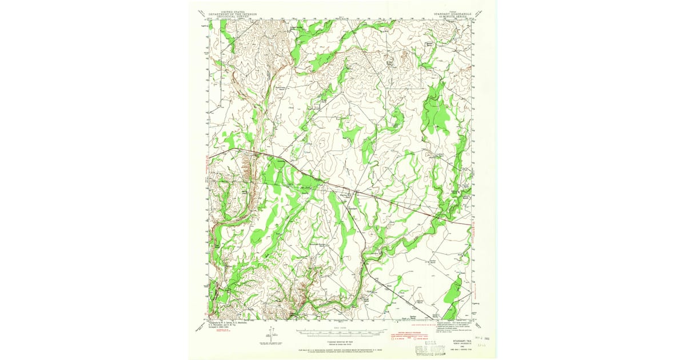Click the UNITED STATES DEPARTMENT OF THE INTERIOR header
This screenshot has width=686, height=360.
232,13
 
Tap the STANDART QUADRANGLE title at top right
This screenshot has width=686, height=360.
453,14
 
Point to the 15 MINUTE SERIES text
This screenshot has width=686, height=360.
453,17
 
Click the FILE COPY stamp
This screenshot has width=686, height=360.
426,347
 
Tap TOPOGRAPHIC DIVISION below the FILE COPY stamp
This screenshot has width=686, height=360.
426,353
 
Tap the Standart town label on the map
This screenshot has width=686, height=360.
353,209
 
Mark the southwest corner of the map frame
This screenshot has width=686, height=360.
209,319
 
